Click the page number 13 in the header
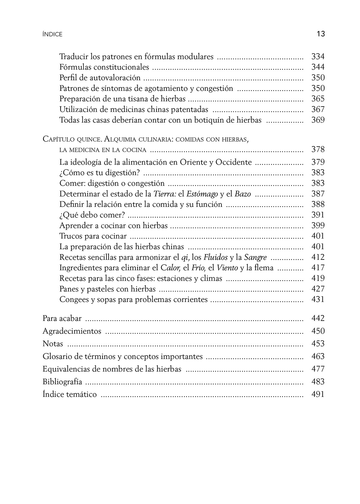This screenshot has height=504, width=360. click(320, 34)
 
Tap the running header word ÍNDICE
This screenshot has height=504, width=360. click(52, 34)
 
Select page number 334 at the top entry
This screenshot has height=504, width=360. click(318, 56)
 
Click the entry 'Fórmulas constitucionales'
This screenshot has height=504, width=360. click(104, 67)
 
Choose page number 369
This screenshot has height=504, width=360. click(318, 120)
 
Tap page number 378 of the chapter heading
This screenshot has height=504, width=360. click(318, 149)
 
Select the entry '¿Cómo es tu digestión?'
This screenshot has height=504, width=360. click(99, 173)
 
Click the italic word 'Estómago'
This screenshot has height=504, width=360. click(202, 194)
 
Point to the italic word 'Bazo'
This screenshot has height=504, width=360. click(243, 194)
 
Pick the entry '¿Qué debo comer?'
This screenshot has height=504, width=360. click(92, 215)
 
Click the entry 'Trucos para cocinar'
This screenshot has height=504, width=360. click(93, 236)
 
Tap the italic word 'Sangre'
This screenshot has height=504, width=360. click(255, 257)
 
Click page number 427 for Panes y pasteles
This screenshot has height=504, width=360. click(318, 289)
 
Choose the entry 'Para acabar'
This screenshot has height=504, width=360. click(62, 318)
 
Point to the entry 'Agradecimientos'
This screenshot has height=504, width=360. click(72, 331)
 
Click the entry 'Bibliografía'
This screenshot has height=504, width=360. click(62, 382)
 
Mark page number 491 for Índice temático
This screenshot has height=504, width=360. click(318, 394)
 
